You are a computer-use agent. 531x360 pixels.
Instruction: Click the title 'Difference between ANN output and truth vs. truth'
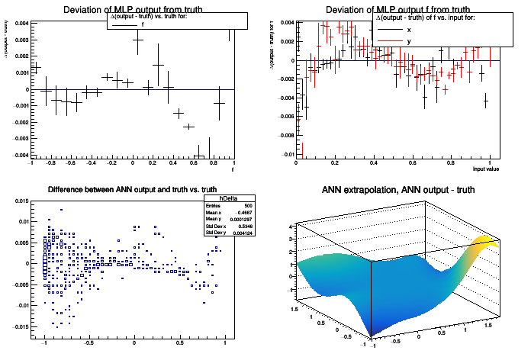point(132,190)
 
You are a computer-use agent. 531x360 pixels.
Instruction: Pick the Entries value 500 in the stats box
point(246,207)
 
